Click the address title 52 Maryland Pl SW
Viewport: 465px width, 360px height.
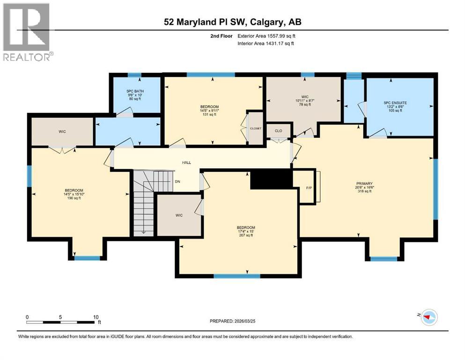click(232, 22)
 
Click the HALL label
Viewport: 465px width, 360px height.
click(186, 163)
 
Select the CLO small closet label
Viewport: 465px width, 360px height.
click(278, 131)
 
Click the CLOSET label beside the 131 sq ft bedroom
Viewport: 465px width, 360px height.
click(255, 128)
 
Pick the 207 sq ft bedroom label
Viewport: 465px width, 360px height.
click(246, 231)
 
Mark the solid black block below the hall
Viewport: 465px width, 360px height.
click(271, 179)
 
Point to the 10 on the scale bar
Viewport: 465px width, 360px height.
click(96, 317)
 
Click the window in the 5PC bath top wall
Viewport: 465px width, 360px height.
click(135, 75)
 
